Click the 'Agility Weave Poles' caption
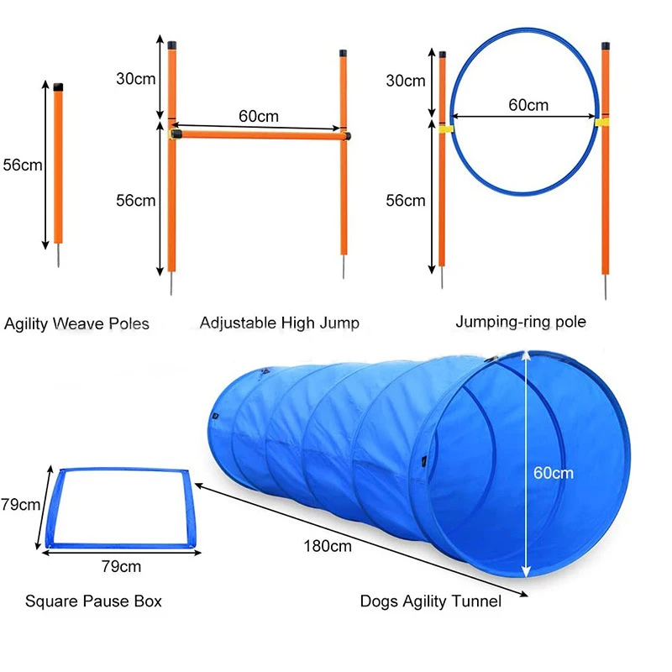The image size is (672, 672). click(76, 323)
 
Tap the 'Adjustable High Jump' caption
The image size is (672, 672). click(280, 323)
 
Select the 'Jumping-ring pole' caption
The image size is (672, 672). click(521, 321)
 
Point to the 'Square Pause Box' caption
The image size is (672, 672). click(93, 601)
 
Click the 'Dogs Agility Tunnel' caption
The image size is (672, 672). click(431, 601)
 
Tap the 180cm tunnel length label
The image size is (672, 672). click(328, 546)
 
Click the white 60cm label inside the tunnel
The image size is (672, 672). click(554, 473)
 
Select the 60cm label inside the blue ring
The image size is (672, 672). click(528, 105)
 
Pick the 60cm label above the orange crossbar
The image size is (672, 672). click(259, 117)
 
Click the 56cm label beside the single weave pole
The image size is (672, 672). click(22, 165)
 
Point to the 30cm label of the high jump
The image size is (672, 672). click(136, 78)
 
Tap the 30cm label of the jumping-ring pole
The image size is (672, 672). click(405, 81)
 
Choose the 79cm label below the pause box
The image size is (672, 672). click(121, 566)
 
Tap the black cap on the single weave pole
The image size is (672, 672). click(58, 87)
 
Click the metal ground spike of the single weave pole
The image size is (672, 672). click(59, 256)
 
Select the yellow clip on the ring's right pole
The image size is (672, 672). click(602, 123)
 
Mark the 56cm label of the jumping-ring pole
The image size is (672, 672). click(405, 200)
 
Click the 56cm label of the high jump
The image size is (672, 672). click(136, 200)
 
